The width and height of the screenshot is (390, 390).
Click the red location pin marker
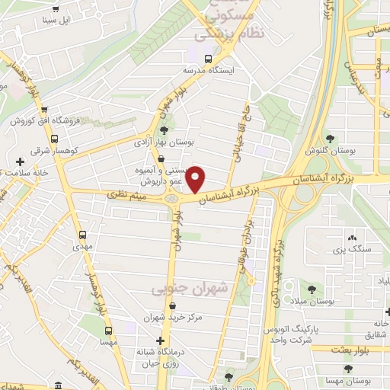point(197,180)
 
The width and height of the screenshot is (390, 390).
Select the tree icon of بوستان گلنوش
point(330,138)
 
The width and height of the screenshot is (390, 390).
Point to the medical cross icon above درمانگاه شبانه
point(160,340)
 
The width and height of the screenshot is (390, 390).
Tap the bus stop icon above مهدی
point(82,234)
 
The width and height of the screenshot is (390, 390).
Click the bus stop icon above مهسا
point(108,331)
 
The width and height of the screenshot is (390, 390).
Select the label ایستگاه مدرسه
point(206,69)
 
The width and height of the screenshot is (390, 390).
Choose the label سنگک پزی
point(351,249)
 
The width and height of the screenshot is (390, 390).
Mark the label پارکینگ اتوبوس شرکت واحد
point(289,333)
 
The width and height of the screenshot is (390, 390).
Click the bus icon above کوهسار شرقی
point(54,139)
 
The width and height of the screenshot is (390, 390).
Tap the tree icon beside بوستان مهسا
point(348,369)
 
